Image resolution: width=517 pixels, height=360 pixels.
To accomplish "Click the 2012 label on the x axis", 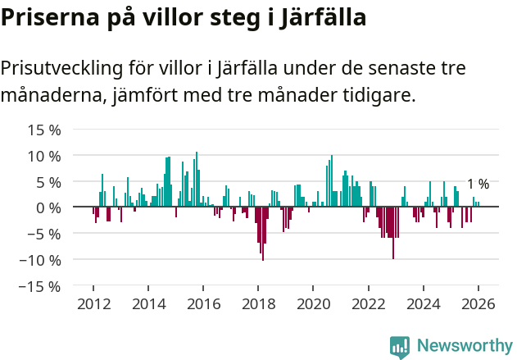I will click(93, 304).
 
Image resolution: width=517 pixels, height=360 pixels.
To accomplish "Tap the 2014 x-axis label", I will click(148, 304).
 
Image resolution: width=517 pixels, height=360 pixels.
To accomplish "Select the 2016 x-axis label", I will click(203, 304).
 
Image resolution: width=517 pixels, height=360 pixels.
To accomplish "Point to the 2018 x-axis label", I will click(258, 304).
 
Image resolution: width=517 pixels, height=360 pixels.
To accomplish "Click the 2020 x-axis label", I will click(313, 304).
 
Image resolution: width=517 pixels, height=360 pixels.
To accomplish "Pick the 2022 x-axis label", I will click(368, 304).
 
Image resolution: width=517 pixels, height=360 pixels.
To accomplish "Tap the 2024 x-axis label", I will click(424, 304).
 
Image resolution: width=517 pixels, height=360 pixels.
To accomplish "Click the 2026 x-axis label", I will click(478, 304).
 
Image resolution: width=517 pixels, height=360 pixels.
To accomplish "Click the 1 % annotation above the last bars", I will click(478, 185).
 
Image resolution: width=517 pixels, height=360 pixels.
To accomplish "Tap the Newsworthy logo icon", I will click(400, 347).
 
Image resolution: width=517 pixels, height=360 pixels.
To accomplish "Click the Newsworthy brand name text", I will click(465, 346).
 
